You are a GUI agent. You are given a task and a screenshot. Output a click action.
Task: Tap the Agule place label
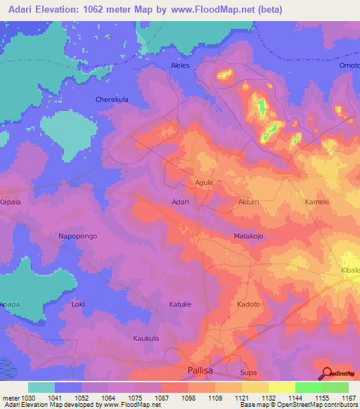203,182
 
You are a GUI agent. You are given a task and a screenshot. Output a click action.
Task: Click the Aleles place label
181,65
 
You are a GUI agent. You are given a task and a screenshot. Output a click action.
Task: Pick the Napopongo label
77,237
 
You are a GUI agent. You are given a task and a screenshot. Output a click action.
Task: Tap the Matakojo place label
247,237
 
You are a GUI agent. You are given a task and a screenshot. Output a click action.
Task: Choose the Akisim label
250,201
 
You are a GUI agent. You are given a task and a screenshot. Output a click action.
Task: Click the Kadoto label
248,304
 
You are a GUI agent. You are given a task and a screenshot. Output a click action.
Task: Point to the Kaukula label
148,338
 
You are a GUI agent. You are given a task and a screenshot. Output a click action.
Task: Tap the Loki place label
78,304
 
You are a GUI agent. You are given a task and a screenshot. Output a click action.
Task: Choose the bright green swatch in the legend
308,387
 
